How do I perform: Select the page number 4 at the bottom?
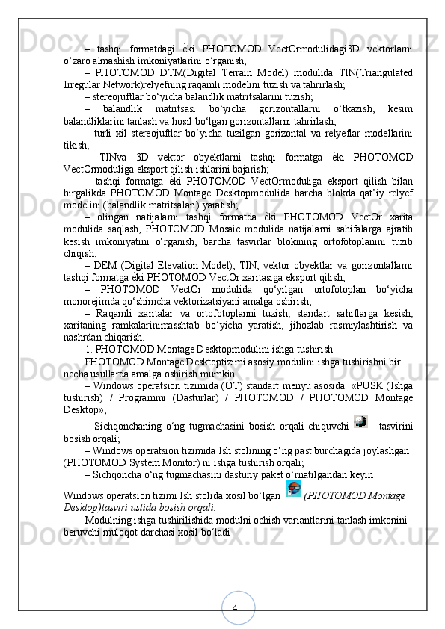pos(234,608)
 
